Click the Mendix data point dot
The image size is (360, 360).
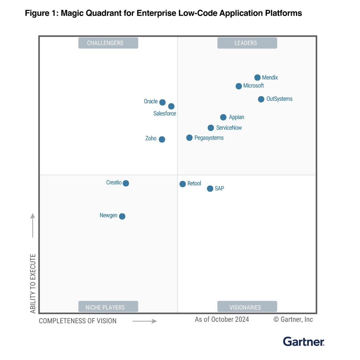click(257, 78)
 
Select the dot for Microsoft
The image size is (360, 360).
click(239, 86)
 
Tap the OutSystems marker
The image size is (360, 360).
click(261, 99)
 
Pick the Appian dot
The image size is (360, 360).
click(223, 117)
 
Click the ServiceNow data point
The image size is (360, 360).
click(211, 128)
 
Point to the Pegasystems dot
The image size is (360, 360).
click(189, 138)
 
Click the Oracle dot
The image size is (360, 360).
click(162, 102)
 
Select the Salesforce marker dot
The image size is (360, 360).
click(171, 106)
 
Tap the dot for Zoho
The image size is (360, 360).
click(162, 139)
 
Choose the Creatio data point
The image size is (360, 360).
click(126, 183)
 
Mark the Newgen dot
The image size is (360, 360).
click(122, 216)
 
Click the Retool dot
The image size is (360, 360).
click(183, 184)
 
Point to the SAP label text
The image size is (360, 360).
click(219, 189)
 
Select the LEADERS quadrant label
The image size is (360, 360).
click(247, 43)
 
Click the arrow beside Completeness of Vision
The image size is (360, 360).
click(145, 321)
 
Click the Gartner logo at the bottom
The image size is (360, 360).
click(303, 342)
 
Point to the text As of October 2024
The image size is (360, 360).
click(222, 319)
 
